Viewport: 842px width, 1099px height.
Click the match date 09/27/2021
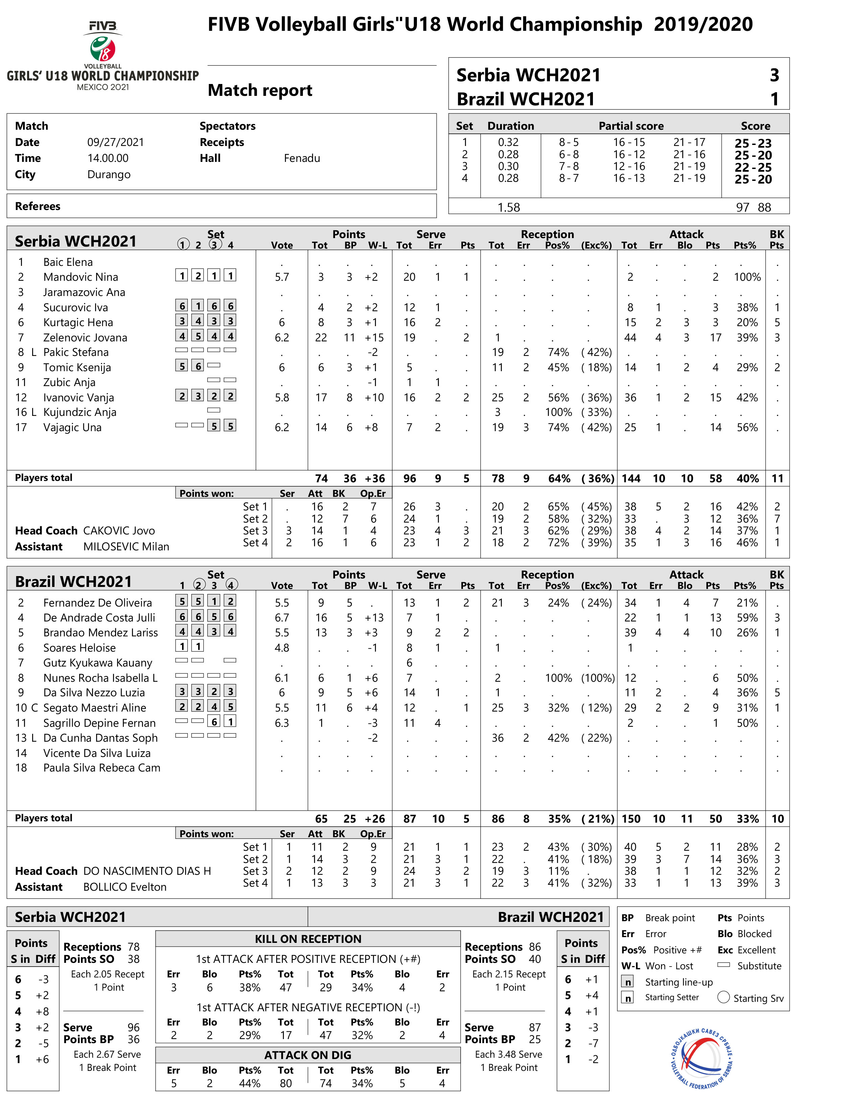115,143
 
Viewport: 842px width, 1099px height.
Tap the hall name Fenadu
302,158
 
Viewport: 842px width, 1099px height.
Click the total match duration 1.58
508,207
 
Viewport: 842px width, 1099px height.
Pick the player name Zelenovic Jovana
85,338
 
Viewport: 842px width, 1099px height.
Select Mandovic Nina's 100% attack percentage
747,277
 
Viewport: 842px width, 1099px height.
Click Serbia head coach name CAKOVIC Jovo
119,531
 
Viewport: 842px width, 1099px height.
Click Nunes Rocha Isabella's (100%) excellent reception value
597,678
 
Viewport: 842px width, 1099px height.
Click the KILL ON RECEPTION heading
308,939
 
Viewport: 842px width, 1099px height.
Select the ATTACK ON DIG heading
308,1055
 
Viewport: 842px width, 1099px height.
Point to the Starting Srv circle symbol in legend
723,997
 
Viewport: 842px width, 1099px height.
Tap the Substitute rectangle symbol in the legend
723,965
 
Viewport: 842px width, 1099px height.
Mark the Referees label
38,206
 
